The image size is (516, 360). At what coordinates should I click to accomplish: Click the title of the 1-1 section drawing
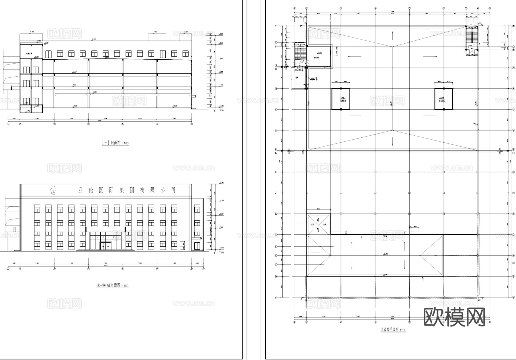tap(115, 143)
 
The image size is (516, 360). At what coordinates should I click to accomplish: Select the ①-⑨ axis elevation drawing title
tap(112, 286)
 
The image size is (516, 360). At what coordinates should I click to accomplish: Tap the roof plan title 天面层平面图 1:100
tap(393, 330)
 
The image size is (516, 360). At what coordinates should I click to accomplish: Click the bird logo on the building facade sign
tap(53, 190)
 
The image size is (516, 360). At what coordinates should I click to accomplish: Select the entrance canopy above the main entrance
tap(106, 229)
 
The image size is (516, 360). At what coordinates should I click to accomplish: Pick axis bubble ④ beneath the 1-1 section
tap(89, 124)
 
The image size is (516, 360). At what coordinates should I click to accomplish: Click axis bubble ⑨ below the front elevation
tap(203, 269)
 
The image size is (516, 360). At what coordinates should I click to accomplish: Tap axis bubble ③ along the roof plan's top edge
tap(341, 8)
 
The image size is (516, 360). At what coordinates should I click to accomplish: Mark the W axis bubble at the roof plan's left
tap(276, 26)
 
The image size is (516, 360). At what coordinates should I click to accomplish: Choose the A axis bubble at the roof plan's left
tap(276, 297)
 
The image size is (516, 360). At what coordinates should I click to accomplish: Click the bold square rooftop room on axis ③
tap(341, 99)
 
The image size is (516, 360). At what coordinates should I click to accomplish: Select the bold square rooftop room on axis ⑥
tap(443, 99)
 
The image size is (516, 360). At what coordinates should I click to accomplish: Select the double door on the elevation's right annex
tap(197, 246)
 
